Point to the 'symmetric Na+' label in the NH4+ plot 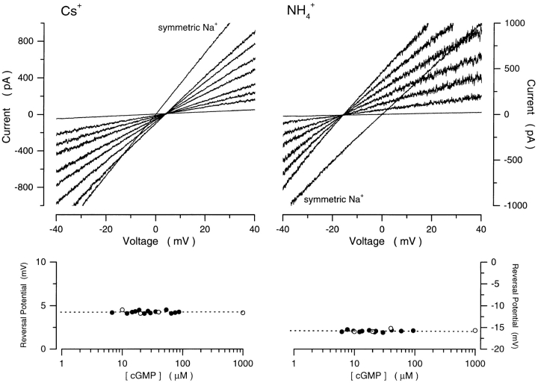click(x=333, y=199)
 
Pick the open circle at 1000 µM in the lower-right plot click(x=475, y=330)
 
